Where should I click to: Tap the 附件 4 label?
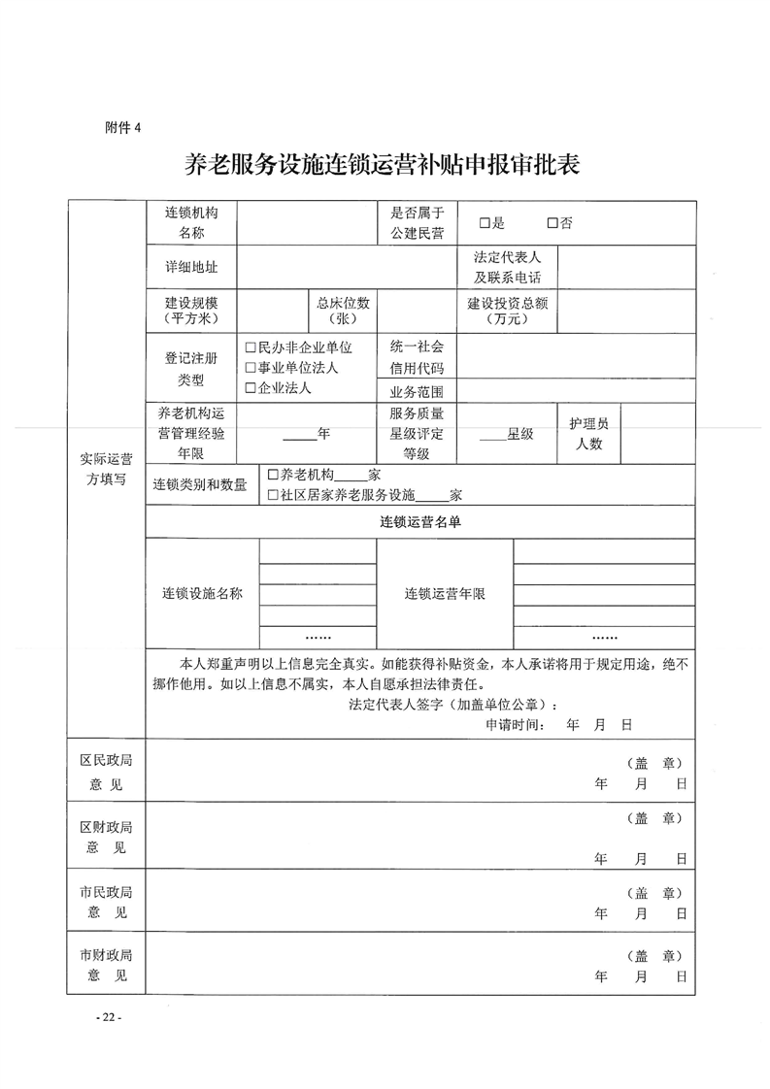123,127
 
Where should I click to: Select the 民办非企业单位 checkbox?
251,347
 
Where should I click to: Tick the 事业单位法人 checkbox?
251,368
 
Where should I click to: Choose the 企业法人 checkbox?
251,388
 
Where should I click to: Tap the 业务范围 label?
417,392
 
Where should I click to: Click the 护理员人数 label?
588,434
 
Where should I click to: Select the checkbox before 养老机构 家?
273,475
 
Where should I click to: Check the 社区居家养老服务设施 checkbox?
273,495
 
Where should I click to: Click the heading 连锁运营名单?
419,522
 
